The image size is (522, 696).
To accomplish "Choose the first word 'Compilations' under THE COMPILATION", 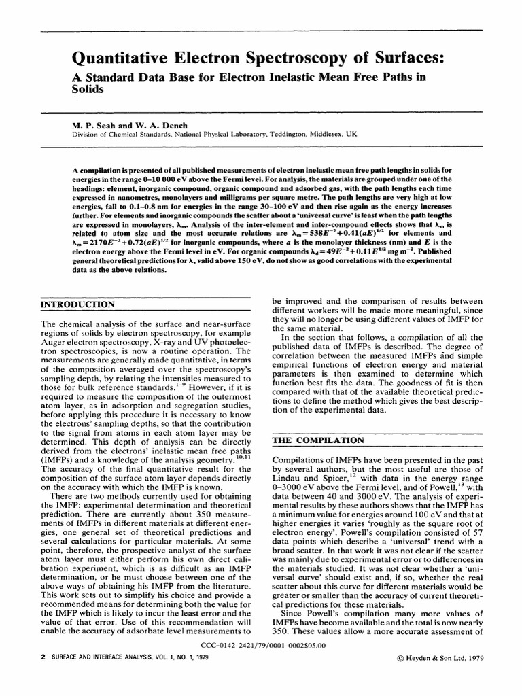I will tap(300, 461).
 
